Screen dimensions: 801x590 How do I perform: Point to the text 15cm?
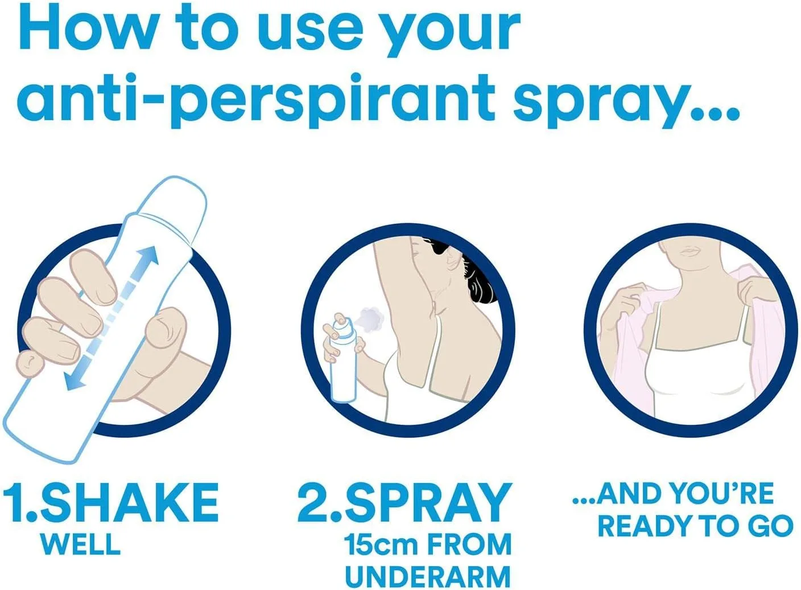(x=381, y=545)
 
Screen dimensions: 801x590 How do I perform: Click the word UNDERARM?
(x=428, y=576)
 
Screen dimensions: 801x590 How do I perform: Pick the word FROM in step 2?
(x=469, y=545)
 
